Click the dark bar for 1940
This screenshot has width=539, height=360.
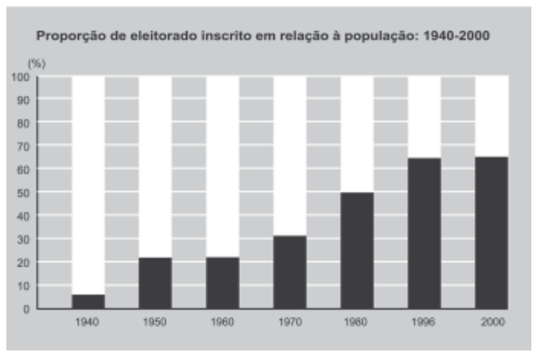click(88, 301)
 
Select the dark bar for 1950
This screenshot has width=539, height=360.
click(155, 283)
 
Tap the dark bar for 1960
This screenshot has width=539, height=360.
click(223, 283)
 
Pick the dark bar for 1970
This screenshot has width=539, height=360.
click(289, 271)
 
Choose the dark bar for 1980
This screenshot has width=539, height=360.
click(356, 250)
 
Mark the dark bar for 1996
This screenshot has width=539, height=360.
click(424, 233)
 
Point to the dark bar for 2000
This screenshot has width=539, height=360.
click(491, 232)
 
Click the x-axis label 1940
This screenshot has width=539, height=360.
click(88, 323)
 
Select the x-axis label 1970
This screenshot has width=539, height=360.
click(289, 323)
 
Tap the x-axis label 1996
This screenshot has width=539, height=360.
click(424, 323)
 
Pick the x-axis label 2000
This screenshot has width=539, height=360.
click(491, 323)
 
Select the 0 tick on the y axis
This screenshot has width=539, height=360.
click(27, 309)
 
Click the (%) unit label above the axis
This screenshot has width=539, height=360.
click(37, 63)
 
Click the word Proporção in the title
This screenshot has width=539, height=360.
click(65, 37)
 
